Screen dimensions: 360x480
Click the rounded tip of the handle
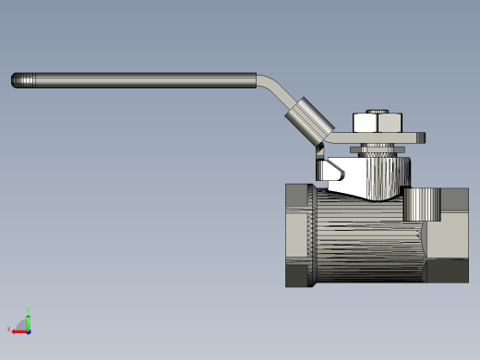(x=16, y=81)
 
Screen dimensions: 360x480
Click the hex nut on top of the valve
(x=377, y=122)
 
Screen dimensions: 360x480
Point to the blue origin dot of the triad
(x=29, y=330)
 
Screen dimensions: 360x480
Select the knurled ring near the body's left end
(x=314, y=235)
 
